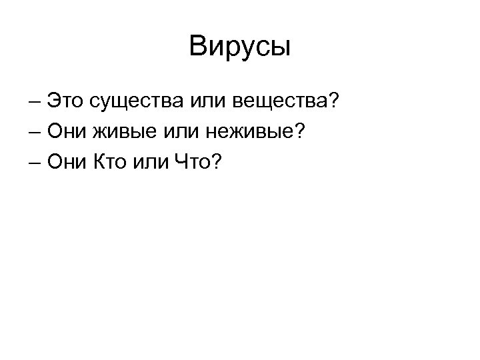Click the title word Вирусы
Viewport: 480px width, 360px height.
(240, 47)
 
